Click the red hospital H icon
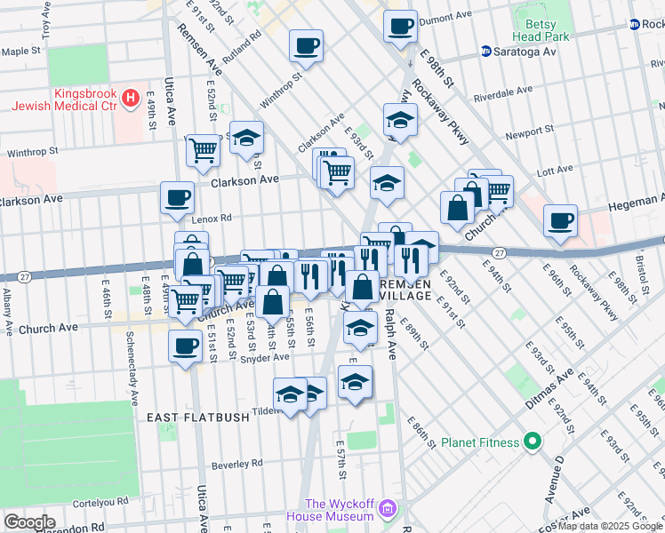point(131,97)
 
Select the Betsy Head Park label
point(540,30)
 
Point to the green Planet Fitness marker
point(533,441)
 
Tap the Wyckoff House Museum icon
point(387,509)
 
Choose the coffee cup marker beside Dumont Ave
point(400,25)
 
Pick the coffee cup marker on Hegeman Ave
point(559,221)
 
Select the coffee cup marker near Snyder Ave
point(185,346)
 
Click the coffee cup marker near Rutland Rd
point(306,46)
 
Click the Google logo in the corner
point(29,521)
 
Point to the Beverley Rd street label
point(237,464)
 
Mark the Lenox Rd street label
point(211,218)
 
